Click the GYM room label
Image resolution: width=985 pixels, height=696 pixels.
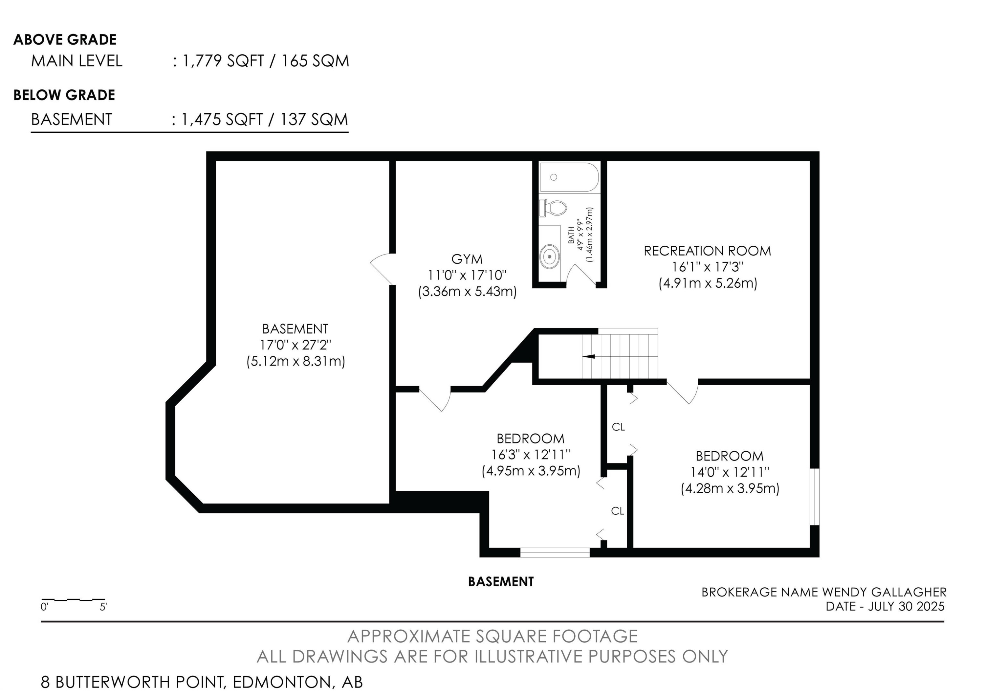coord(467,259)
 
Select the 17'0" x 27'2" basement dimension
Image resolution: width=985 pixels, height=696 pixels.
coord(295,345)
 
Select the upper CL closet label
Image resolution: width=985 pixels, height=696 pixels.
coord(618,427)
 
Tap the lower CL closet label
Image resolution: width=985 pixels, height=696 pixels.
coord(617,511)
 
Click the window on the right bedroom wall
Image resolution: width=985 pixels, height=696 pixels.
coord(814,497)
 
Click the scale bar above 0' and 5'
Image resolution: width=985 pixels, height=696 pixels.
coord(73,599)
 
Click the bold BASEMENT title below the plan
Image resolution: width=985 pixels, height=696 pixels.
coord(501,582)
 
